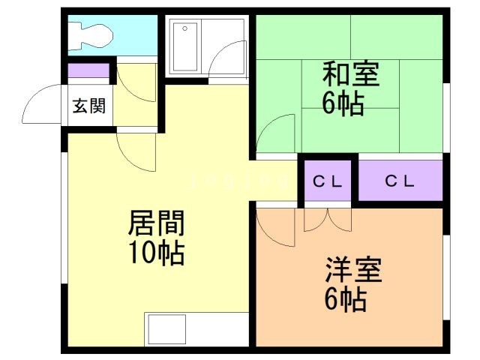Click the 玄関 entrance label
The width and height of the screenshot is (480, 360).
click(x=88, y=106)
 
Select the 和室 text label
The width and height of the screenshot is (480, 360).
click(x=350, y=76)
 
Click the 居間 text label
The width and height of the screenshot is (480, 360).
click(x=157, y=223)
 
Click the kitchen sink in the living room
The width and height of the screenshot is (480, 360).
click(x=166, y=329)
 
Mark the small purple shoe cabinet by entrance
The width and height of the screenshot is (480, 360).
click(x=88, y=72)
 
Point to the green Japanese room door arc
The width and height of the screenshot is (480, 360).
click(x=276, y=133)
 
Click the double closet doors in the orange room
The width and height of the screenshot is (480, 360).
click(x=328, y=219)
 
